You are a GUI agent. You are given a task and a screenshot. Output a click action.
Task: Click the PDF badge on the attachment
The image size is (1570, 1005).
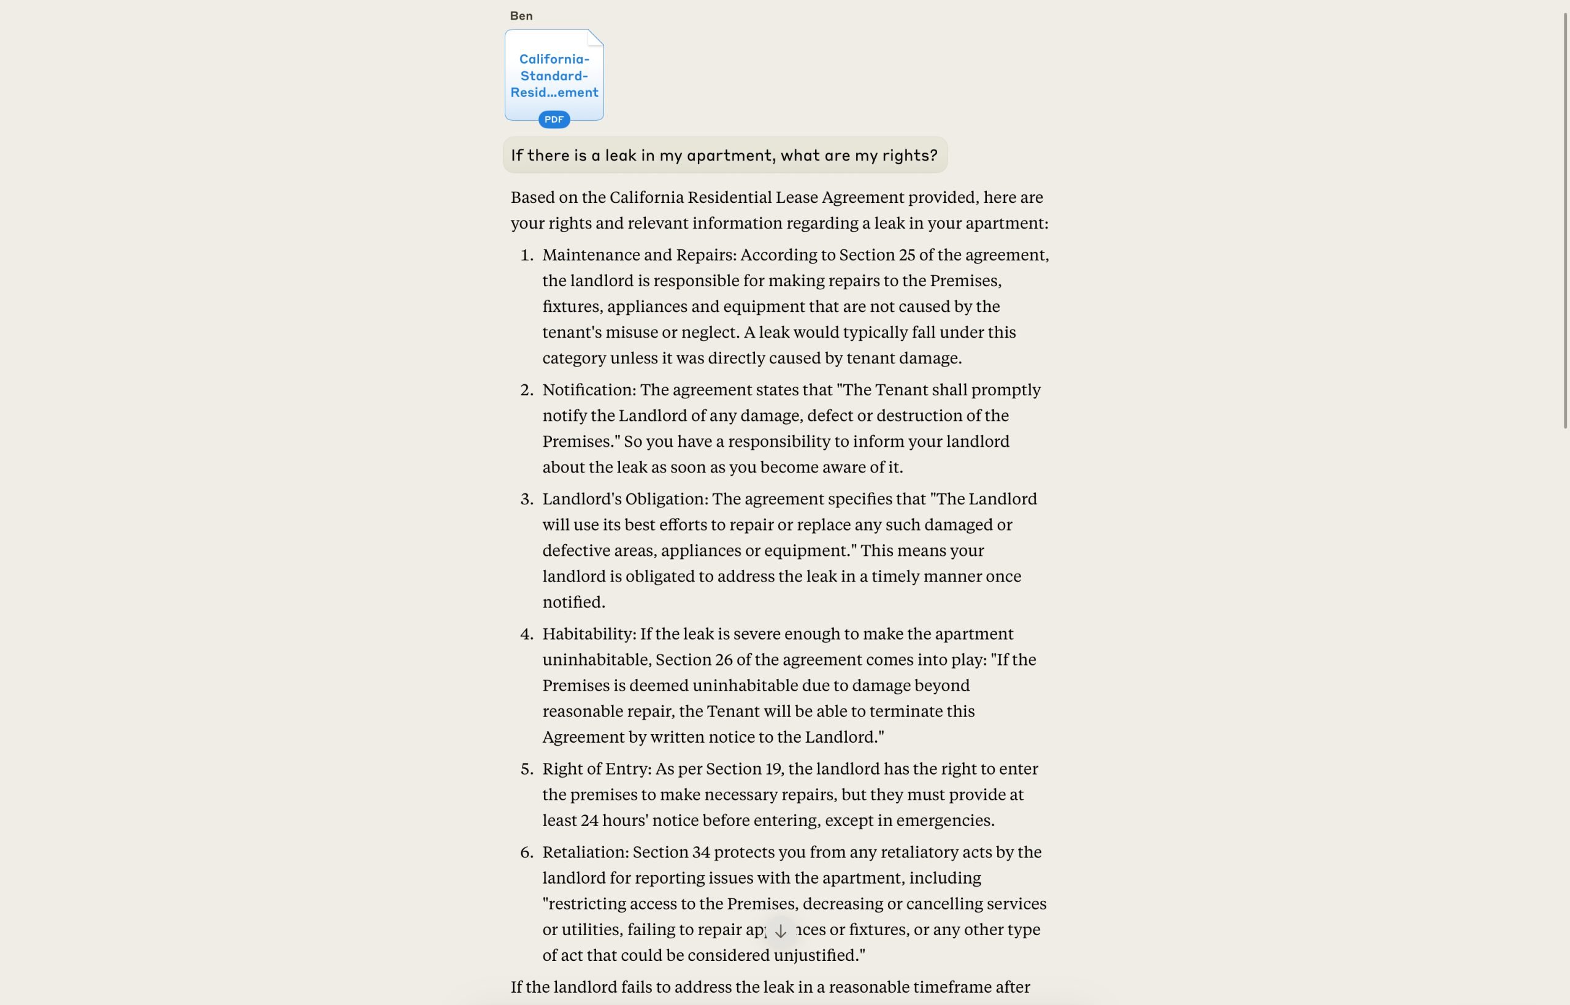[x=554, y=119]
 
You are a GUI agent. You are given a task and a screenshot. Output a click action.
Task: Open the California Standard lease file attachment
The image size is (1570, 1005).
[x=554, y=75]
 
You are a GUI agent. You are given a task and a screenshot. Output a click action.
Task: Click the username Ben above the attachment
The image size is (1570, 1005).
[x=521, y=16]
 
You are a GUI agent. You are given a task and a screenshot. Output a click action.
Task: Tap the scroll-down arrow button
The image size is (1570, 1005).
[x=781, y=931]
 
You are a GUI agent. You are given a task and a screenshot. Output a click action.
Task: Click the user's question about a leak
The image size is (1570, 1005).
[x=724, y=155]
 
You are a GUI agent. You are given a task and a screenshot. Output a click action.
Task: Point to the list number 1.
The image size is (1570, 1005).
[x=526, y=255]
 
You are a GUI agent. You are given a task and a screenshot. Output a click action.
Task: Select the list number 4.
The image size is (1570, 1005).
[x=526, y=634]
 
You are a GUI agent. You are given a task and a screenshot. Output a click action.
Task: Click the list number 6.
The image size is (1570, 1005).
[x=526, y=852]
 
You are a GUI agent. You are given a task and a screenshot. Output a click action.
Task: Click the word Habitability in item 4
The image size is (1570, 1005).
[x=588, y=634]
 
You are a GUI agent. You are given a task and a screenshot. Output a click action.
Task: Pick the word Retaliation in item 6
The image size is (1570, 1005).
[x=584, y=852]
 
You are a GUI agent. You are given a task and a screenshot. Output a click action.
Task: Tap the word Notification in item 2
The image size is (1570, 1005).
[x=588, y=390]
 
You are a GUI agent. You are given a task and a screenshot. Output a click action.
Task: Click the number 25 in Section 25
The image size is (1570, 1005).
[x=906, y=255]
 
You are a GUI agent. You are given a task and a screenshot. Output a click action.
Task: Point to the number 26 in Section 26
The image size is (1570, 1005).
[x=723, y=660]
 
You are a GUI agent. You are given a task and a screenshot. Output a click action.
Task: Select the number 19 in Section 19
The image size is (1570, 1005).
[x=773, y=768]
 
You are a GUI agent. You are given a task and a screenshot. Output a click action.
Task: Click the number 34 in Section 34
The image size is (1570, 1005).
[x=700, y=852]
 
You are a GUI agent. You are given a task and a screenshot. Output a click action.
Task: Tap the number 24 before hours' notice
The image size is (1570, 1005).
[x=589, y=821]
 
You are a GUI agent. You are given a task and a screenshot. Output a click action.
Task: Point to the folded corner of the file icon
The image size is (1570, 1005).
[x=595, y=38]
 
